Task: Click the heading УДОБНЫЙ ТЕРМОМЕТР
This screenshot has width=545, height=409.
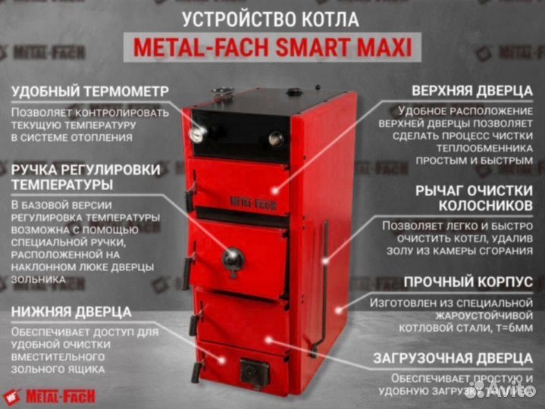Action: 89,92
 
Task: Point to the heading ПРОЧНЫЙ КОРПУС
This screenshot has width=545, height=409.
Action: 467,282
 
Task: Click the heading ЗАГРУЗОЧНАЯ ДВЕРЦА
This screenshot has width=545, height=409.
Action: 451,357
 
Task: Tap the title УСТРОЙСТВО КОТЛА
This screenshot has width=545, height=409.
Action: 273,18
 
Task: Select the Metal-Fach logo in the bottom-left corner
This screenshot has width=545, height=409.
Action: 51,395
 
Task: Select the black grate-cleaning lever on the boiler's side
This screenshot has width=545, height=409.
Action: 324,280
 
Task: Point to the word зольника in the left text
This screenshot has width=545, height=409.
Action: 37,279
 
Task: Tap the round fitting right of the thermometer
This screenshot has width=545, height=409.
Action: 276,139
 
